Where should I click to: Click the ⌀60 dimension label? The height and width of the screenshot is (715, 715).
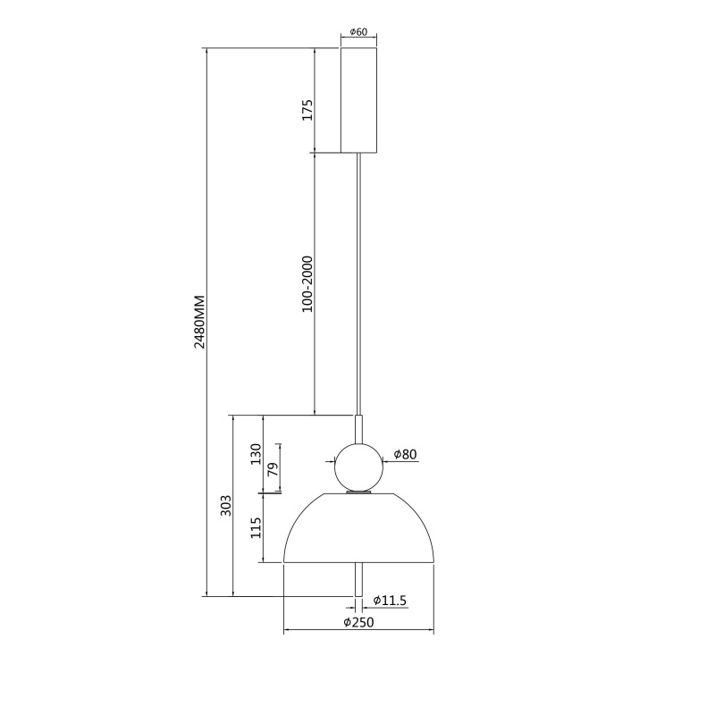point(358,32)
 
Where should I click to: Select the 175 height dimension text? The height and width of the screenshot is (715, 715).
point(307,110)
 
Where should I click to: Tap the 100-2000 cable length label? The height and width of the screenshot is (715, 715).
point(307,284)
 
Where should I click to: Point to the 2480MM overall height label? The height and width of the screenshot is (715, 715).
point(199,322)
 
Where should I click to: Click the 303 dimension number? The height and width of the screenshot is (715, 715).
point(226,505)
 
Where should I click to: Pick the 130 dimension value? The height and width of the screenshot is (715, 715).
point(256,454)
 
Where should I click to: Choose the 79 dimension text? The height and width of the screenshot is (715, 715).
point(273,469)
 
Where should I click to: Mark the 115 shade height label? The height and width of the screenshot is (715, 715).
point(256,527)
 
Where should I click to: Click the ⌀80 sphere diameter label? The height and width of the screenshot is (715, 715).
point(405,454)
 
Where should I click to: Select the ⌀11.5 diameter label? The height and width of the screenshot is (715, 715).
point(390,601)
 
